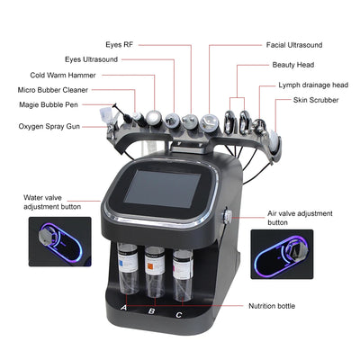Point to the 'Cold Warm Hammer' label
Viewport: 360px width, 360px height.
point(63,76)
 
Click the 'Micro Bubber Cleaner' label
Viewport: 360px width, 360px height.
point(55,90)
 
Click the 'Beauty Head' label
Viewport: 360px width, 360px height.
point(293,65)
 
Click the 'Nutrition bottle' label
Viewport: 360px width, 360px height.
point(273,306)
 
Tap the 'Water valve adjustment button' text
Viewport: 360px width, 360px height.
point(53,201)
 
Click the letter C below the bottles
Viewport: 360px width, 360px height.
point(180,314)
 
